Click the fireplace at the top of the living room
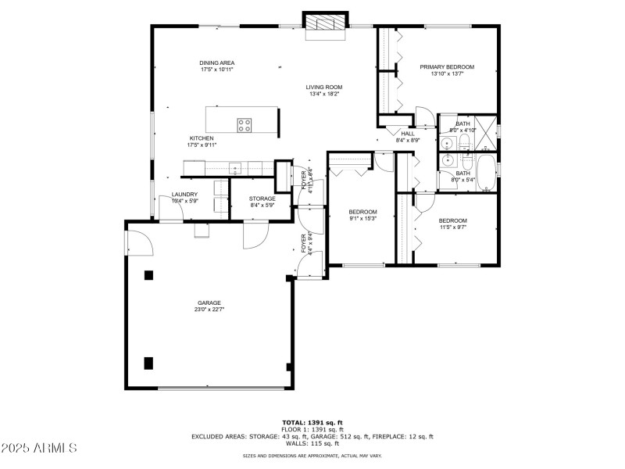click(x=323, y=25)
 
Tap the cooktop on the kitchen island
click(x=245, y=123)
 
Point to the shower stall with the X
click(x=486, y=127)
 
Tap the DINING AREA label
click(x=216, y=63)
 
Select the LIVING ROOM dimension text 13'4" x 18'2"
click(x=325, y=94)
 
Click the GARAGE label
click(x=209, y=303)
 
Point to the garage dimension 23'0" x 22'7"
click(x=209, y=310)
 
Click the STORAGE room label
click(x=262, y=199)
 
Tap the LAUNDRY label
click(x=184, y=195)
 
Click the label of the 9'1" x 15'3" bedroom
click(x=362, y=212)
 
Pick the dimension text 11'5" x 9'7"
click(x=453, y=227)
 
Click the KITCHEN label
click(x=201, y=138)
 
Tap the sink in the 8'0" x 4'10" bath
click(x=448, y=142)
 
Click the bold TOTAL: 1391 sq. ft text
click(x=312, y=422)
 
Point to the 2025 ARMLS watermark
click(x=39, y=449)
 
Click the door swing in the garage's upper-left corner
click(x=139, y=242)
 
